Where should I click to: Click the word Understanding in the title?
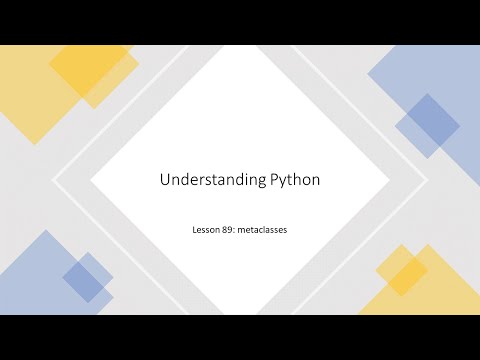tap(200, 181)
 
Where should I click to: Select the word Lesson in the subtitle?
tap(206, 229)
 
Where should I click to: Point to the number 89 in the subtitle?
tap(228, 229)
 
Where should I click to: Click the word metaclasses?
tap(262, 229)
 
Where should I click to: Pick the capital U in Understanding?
tap(165, 180)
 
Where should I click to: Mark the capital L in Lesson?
tap(195, 229)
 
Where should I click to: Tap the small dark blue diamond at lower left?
tap(87, 277)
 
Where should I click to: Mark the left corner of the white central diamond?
tap(91, 183)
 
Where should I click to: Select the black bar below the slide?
tap(240, 337)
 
